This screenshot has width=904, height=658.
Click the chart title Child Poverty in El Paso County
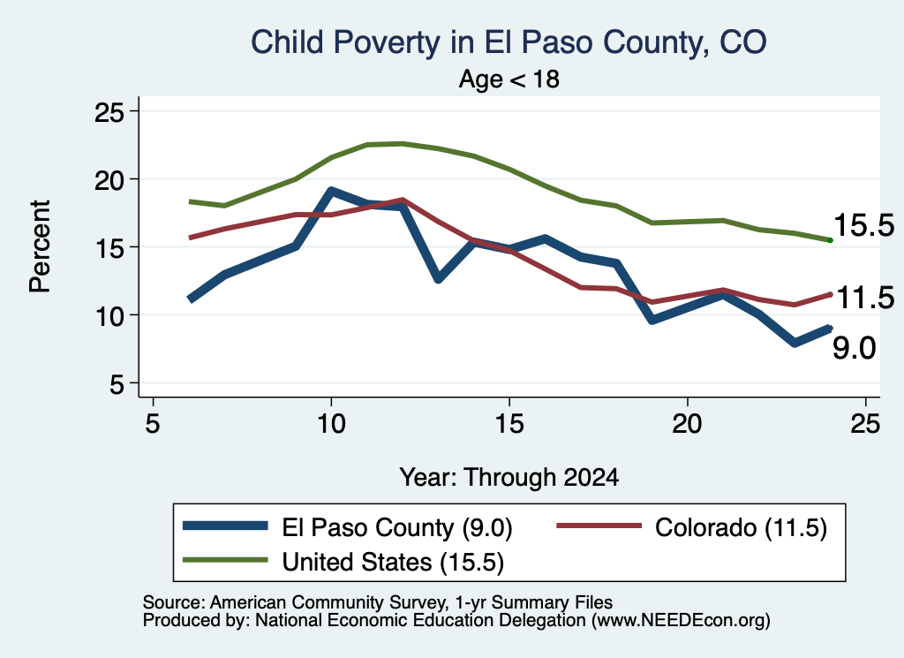pyautogui.click(x=508, y=42)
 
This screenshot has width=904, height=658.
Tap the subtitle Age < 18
pyautogui.click(x=508, y=79)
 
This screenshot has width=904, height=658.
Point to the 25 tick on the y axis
pyautogui.click(x=109, y=111)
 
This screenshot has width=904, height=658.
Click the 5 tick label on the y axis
pyautogui.click(x=117, y=383)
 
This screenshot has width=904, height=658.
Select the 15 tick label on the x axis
pyautogui.click(x=509, y=424)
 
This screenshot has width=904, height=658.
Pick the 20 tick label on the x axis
pyautogui.click(x=687, y=424)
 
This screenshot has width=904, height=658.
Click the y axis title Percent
pyautogui.click(x=40, y=246)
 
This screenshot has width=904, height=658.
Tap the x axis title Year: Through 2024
pyautogui.click(x=509, y=478)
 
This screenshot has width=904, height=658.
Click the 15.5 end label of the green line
pyautogui.click(x=863, y=224)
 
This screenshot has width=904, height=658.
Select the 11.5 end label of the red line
pyautogui.click(x=865, y=299)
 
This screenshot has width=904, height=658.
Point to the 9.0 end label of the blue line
pyautogui.click(x=854, y=348)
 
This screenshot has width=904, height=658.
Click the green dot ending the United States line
pyautogui.click(x=830, y=240)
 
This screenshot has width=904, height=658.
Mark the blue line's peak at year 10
pyautogui.click(x=331, y=191)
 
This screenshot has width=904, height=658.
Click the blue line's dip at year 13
pyautogui.click(x=438, y=279)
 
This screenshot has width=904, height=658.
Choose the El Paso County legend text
pyautogui.click(x=397, y=527)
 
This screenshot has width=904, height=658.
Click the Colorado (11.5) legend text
pyautogui.click(x=741, y=527)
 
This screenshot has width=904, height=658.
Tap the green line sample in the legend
pyautogui.click(x=225, y=560)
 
